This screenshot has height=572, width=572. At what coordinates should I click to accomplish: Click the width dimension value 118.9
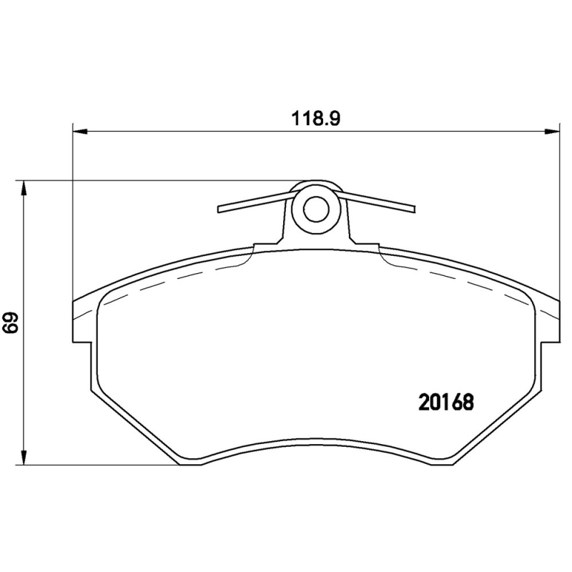(x=315, y=119)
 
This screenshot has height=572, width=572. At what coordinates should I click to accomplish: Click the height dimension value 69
(x=10, y=323)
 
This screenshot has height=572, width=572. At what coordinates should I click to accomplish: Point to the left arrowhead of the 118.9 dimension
(x=79, y=131)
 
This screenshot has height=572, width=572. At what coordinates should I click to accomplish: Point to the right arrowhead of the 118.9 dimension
(x=553, y=131)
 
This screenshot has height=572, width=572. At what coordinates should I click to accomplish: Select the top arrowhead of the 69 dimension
(x=24, y=187)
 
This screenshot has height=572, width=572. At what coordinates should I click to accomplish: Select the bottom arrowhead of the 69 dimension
(x=24, y=458)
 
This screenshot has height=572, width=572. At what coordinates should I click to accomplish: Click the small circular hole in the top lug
(x=315, y=209)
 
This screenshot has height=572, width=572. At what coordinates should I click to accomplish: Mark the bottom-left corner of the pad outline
(x=178, y=463)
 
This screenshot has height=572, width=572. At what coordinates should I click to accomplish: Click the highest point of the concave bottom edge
(x=315, y=439)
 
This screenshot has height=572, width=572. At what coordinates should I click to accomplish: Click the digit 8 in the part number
(x=468, y=403)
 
